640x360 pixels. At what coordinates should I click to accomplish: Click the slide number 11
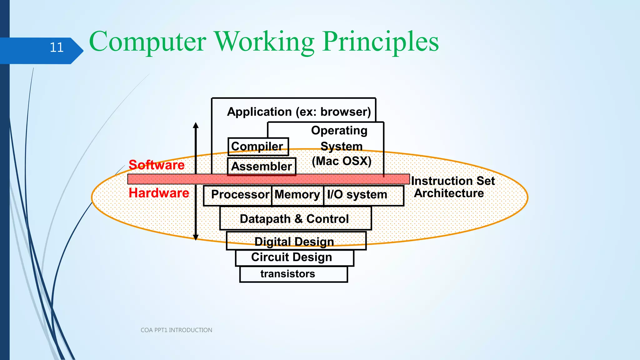pos(57,47)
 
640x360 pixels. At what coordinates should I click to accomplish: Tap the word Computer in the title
pos(147,42)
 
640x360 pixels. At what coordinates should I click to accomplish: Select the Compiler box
pos(258,146)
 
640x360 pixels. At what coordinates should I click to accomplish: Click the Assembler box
pos(262,166)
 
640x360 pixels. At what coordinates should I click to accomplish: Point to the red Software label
pos(157,165)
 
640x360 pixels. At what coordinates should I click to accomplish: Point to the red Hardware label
pos(159,193)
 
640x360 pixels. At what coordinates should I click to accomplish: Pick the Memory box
pos(297,195)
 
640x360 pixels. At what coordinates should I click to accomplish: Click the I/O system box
pos(362,195)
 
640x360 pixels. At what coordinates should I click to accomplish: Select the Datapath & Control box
pos(295,219)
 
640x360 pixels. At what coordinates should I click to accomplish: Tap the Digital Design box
pos(295,241)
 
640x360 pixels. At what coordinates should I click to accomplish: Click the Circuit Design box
pos(292,257)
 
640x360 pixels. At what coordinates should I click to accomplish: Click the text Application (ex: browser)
pos(299,112)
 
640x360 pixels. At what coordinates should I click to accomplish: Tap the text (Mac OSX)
pos(342,161)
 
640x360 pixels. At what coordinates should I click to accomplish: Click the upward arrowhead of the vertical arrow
pos(196,126)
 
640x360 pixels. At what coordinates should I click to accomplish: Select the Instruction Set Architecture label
pos(452,187)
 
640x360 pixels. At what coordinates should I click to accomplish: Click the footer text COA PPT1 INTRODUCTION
pos(176,330)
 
